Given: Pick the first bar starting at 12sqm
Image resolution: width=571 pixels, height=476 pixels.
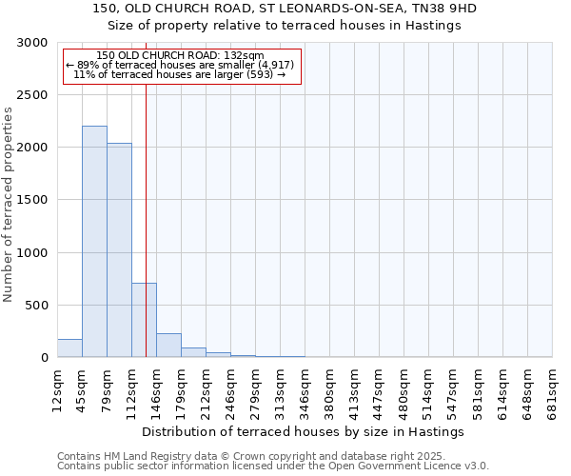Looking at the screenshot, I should [x=69, y=348].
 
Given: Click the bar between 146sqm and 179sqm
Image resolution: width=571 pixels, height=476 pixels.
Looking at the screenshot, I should [x=168, y=346].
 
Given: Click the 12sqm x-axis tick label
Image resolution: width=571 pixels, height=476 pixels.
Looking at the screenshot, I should [x=58, y=388].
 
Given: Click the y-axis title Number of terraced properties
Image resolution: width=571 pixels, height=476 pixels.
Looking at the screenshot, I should [x=9, y=205].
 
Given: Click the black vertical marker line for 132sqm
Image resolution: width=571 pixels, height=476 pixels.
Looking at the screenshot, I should [x=146, y=190].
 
